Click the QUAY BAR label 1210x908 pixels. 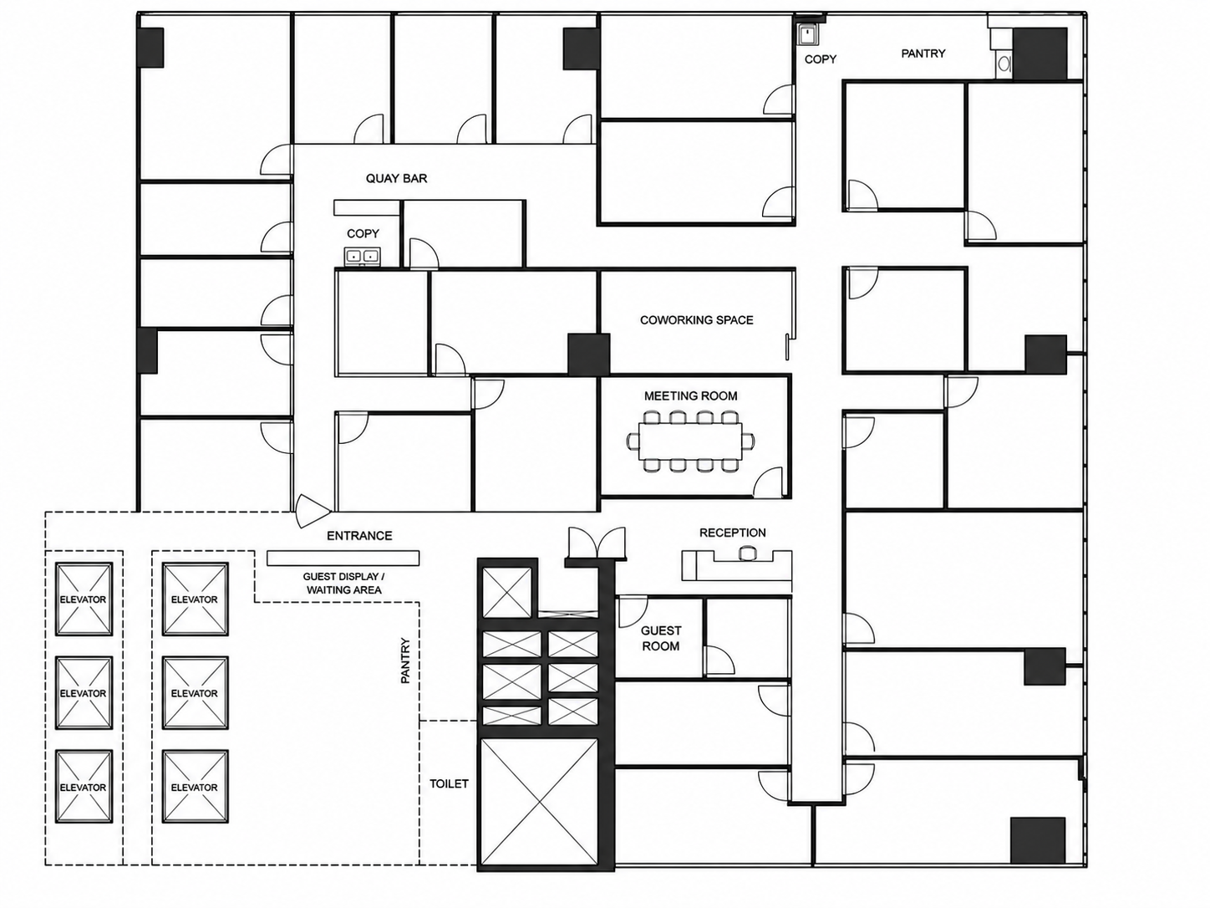[396, 179]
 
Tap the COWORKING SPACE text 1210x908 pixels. [696, 320]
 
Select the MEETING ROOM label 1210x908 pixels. [691, 395]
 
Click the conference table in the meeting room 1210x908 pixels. [691, 441]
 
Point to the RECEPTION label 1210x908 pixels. [733, 533]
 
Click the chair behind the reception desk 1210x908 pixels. [747, 553]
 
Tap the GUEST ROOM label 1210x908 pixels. [660, 639]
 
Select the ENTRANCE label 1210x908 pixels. [359, 536]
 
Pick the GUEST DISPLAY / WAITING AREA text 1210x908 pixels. [344, 584]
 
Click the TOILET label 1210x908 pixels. [449, 784]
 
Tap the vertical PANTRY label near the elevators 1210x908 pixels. [406, 661]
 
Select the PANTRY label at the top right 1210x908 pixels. [923, 54]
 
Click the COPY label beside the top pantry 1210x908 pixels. [821, 59]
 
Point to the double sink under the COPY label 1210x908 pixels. [362, 257]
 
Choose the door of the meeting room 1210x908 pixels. [769, 482]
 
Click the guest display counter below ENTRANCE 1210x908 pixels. [343, 559]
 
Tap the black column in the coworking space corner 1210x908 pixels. [589, 355]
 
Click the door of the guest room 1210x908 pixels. [633, 611]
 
